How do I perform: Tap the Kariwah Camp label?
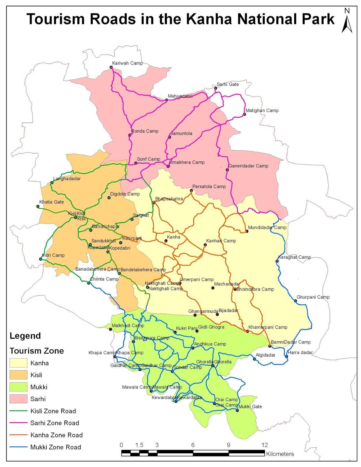(x=127, y=63)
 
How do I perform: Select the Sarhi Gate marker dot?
(x=216, y=88)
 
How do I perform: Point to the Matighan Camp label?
(x=262, y=110)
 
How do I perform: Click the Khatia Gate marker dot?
(x=38, y=206)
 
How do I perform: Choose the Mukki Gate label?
(x=250, y=406)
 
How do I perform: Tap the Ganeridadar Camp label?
(x=248, y=166)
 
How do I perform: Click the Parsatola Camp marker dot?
(x=191, y=191)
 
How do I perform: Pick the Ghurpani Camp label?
(x=313, y=297)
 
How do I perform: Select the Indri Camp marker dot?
(x=41, y=259)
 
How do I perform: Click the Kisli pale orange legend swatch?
(x=18, y=375)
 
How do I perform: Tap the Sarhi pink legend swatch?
(x=18, y=399)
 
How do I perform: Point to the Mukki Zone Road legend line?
(x=18, y=447)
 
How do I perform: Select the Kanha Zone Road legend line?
(x=18, y=435)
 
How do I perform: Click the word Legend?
(x=25, y=336)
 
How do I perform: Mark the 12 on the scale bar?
(x=264, y=445)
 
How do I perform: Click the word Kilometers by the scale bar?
(x=280, y=454)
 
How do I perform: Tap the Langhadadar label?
(x=67, y=179)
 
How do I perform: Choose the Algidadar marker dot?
(x=254, y=359)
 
